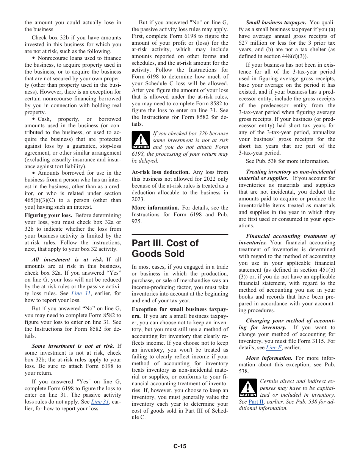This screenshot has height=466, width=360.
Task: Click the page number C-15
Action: pos(180,446)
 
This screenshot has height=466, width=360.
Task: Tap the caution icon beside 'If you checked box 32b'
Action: pos(141,140)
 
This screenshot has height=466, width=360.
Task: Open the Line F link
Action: pos(273,347)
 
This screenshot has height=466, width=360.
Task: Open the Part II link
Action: pos(256,402)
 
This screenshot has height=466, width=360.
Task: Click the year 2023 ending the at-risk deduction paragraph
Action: pos(138,199)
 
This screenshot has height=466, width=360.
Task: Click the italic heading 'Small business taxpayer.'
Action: pos(276,23)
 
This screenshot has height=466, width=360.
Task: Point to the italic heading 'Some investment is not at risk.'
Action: pos(73,346)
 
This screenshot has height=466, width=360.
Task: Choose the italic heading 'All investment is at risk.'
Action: pos(67,260)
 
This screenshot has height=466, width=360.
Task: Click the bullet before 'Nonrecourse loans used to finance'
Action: pos(34,58)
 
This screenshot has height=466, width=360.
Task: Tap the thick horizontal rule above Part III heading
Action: pos(180,235)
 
